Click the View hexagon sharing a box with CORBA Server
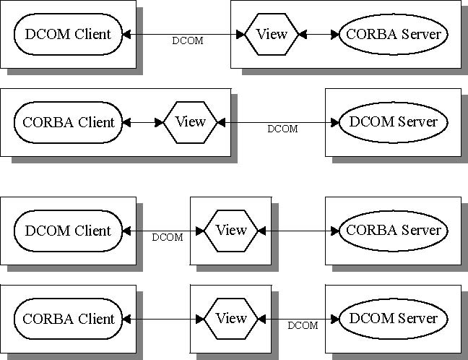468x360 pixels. [272, 34]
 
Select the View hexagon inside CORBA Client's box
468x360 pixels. [191, 122]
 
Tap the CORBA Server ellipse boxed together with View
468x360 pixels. [393, 34]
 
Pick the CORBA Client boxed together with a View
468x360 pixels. [68, 122]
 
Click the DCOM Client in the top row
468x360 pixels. [68, 34]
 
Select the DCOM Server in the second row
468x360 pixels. [393, 122]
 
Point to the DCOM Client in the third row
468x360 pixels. [68, 231]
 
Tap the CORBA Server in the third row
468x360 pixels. [393, 231]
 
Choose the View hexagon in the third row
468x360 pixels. [231, 231]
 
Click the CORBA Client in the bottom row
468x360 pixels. [68, 319]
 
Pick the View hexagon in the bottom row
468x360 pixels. [231, 319]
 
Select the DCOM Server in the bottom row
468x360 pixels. [393, 319]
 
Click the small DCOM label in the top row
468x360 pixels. [187, 41]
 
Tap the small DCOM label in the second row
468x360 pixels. [282, 129]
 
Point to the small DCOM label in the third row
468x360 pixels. [167, 237]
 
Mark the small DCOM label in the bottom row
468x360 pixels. [303, 326]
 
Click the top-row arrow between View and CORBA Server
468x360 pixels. [318, 34]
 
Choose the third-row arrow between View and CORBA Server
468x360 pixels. [299, 231]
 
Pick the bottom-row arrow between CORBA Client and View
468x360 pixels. [162, 319]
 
